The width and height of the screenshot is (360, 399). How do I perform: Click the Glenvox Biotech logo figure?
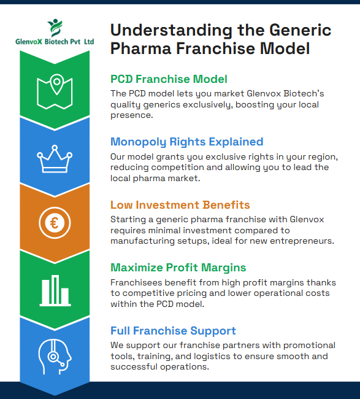coord(55,28)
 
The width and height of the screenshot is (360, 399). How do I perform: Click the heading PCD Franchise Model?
coord(169,79)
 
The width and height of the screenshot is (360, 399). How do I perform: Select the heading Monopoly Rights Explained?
coord(186,142)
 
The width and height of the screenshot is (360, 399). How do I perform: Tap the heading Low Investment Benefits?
coord(180,204)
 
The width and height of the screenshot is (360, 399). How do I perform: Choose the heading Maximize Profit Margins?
coord(178,268)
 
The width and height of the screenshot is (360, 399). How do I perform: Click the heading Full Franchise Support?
coord(173,331)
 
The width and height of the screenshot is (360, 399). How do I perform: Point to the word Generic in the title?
coord(294,30)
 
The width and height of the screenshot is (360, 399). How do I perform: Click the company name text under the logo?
coord(55,42)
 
